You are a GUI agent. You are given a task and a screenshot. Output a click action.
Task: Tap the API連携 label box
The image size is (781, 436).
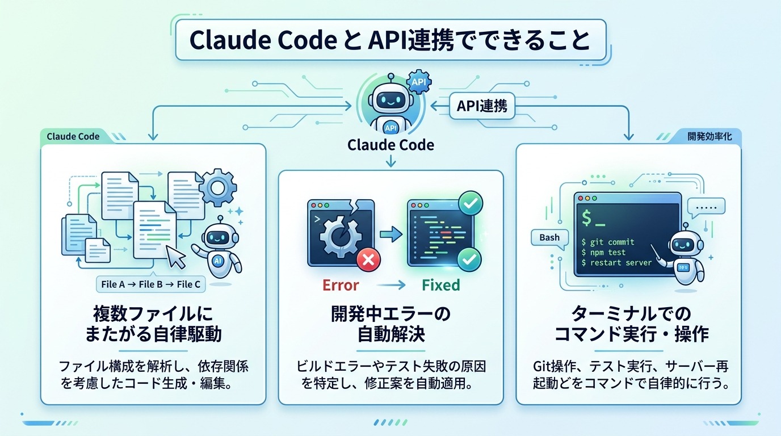(x=482, y=106)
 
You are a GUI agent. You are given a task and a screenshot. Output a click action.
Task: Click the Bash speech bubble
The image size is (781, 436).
(x=549, y=238)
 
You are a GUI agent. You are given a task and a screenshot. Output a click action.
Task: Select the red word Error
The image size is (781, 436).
(x=341, y=284)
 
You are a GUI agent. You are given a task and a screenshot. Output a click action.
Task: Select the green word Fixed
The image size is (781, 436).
(x=440, y=284)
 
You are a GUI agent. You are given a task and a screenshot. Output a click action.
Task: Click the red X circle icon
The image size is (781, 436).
(x=367, y=261)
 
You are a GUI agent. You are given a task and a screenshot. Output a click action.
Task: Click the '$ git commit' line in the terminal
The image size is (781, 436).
(x=608, y=242)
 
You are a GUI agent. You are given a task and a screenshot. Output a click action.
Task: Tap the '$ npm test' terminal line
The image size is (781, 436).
(x=603, y=253)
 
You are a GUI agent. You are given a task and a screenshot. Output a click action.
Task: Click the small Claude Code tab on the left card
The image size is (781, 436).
(x=73, y=136)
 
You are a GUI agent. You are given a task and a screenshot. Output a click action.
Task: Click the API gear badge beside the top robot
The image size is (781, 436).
(x=419, y=83)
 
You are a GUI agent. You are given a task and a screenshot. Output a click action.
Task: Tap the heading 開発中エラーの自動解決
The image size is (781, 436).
(x=390, y=324)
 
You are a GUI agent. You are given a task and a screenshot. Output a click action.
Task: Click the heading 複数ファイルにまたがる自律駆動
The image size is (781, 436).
(x=153, y=324)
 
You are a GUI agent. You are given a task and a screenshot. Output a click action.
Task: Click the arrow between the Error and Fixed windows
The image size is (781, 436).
(x=390, y=233)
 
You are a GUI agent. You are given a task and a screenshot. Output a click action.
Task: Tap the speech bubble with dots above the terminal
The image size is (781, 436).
(x=706, y=207)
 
